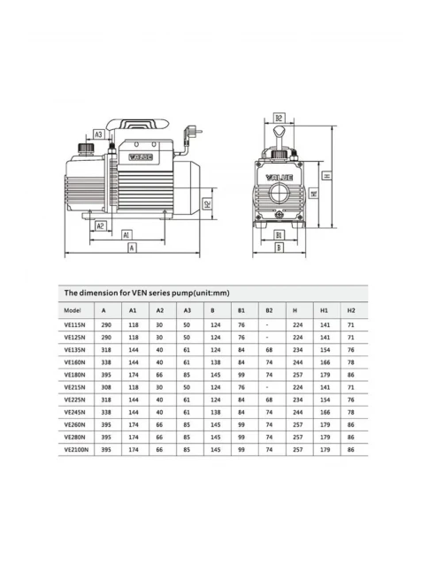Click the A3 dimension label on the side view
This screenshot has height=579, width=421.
98,134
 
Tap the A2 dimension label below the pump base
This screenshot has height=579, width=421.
100,225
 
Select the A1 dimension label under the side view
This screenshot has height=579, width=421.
126,235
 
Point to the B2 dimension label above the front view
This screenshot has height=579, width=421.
279,118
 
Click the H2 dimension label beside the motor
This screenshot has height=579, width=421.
208,203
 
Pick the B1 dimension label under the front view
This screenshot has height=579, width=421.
279,235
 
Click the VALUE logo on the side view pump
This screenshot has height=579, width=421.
141,157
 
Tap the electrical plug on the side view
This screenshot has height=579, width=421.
194,132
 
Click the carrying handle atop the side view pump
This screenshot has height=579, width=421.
137,124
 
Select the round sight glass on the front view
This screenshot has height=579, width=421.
280,193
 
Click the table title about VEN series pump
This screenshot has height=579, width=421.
147,293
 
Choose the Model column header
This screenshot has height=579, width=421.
72,310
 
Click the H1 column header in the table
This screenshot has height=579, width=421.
325,310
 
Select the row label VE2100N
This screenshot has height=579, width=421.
76,450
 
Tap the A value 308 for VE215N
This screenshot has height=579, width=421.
106,387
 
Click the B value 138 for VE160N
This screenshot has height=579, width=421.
216,362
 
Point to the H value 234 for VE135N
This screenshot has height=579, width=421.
297,350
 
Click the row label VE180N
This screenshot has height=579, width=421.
74,375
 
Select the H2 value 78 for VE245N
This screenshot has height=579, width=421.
351,412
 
